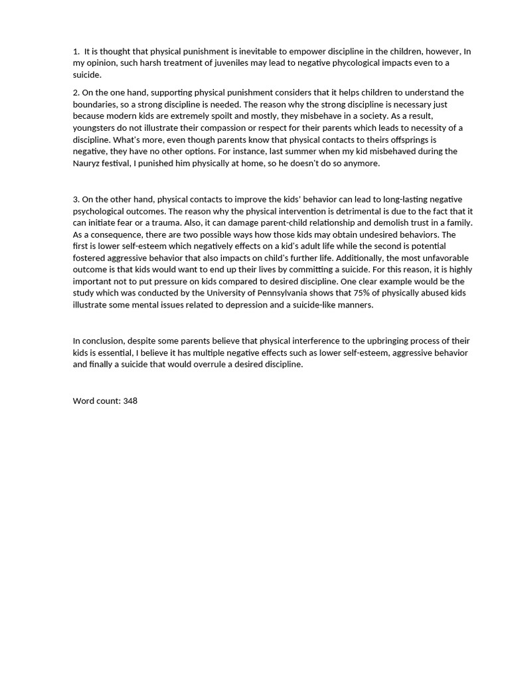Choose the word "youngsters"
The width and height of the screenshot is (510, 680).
(95, 127)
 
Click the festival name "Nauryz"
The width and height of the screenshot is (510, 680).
(88, 163)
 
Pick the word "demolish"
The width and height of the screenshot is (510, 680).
(367, 223)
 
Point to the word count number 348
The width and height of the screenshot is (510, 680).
(130, 401)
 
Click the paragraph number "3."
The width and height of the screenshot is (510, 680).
(76, 199)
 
